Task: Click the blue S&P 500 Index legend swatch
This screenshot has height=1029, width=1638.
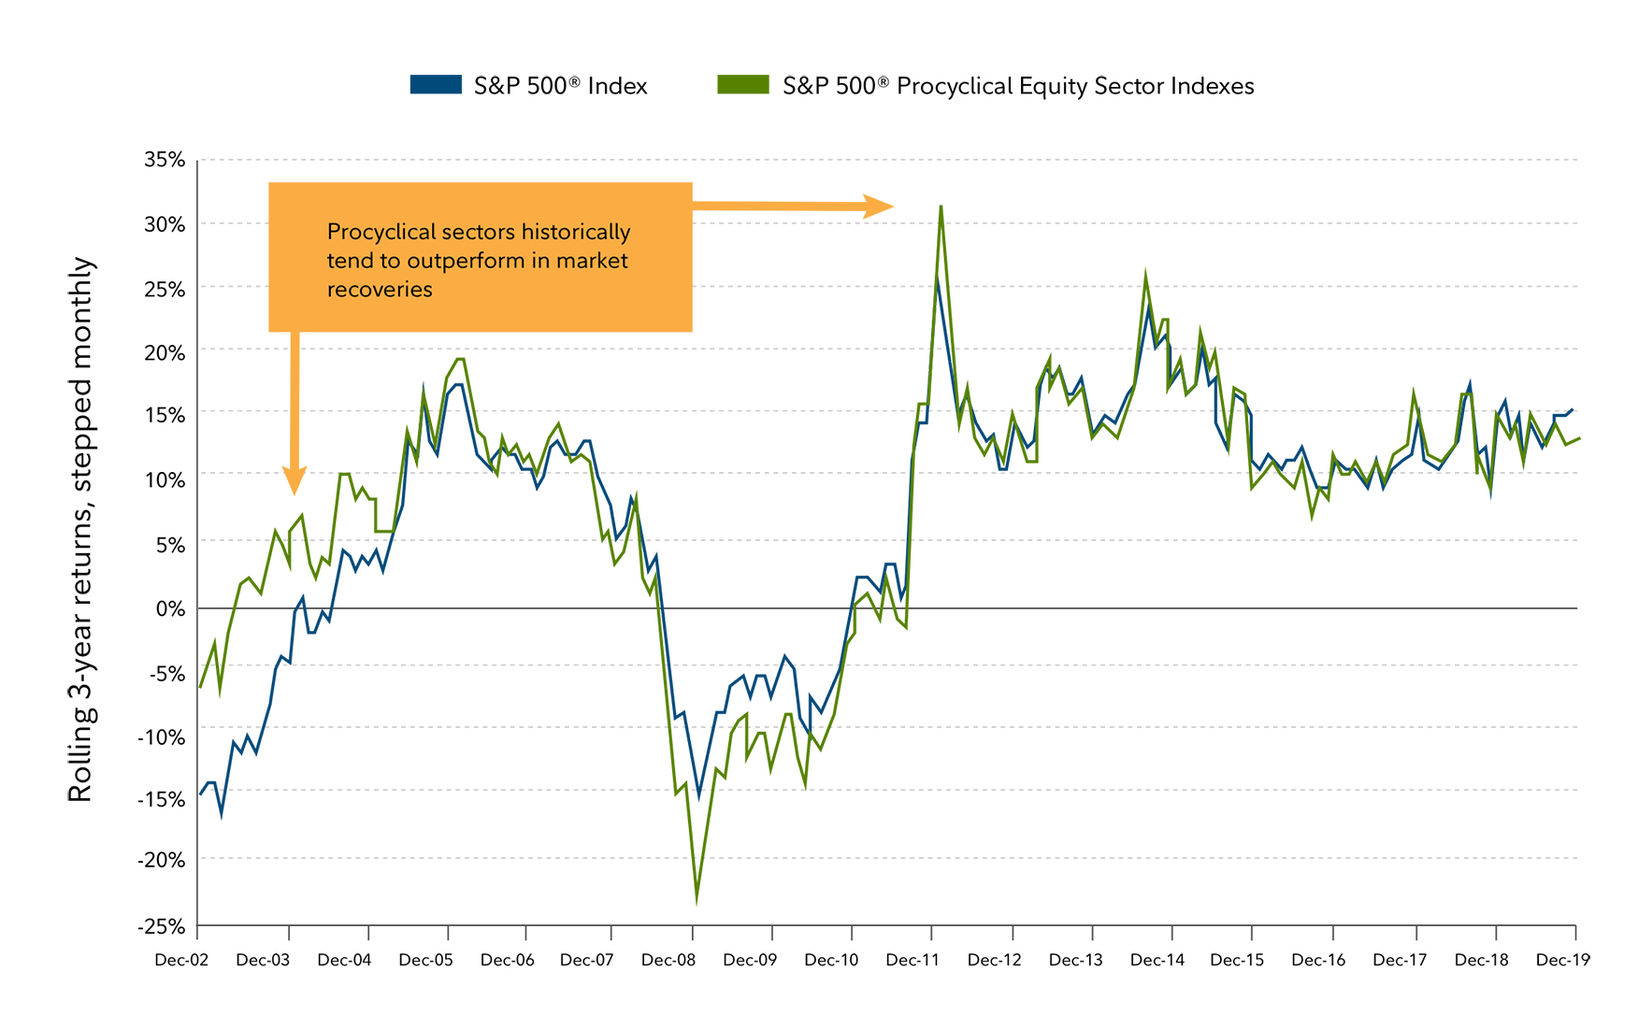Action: click(436, 85)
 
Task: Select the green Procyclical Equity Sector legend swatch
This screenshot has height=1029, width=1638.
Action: click(742, 85)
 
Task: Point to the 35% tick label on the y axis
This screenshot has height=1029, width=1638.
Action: click(165, 160)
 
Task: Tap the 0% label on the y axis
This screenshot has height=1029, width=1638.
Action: click(170, 608)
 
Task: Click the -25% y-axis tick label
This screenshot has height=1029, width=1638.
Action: click(161, 926)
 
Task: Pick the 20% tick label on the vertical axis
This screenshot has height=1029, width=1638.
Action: click(165, 352)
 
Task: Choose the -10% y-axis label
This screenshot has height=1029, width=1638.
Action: click(161, 736)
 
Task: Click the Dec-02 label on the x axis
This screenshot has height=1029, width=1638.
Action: click(182, 960)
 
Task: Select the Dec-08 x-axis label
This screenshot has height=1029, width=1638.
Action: click(668, 960)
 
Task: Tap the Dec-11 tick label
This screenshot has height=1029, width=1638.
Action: click(912, 960)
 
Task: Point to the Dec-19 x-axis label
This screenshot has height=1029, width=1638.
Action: click(1562, 960)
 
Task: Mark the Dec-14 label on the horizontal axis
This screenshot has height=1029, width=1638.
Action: click(1157, 960)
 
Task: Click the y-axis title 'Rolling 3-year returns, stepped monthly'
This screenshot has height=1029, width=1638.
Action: click(81, 529)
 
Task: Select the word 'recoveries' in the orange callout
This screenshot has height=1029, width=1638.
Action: click(380, 290)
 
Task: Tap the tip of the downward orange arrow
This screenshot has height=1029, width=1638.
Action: click(295, 493)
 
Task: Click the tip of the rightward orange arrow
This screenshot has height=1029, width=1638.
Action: click(893, 207)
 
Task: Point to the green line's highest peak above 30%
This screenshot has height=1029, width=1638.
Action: click(941, 206)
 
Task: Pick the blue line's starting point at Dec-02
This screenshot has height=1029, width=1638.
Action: click(200, 794)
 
